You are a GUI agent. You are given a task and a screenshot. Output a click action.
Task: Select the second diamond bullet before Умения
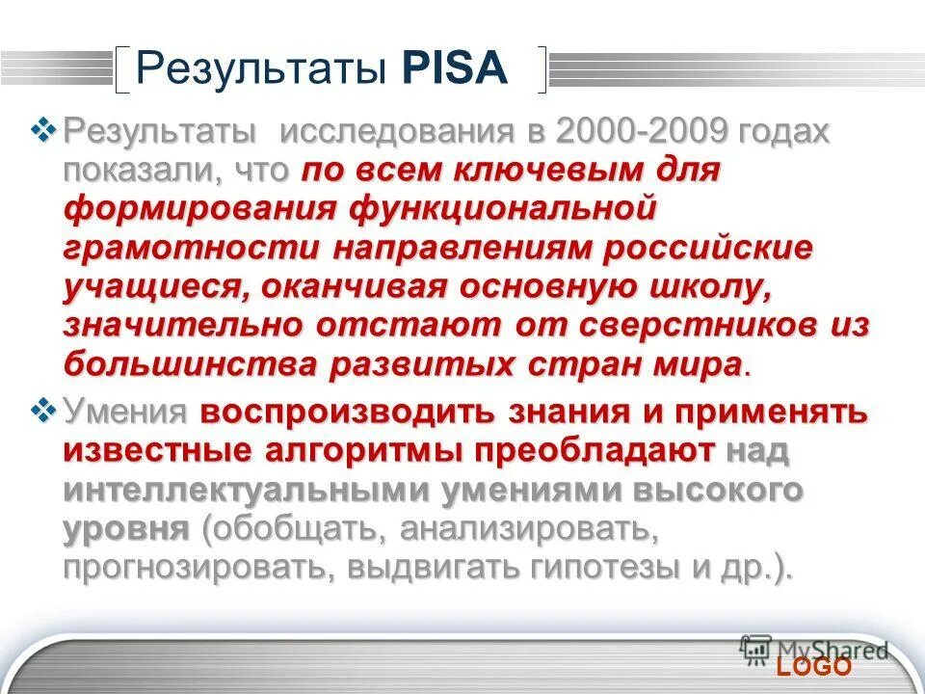(x=44, y=413)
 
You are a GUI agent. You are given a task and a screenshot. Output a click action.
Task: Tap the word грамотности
(x=191, y=247)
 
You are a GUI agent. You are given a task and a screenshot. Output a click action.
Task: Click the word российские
(x=708, y=247)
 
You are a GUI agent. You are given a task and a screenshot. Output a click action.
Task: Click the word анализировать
(x=528, y=528)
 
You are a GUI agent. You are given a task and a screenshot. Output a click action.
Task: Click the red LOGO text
(x=815, y=667)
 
